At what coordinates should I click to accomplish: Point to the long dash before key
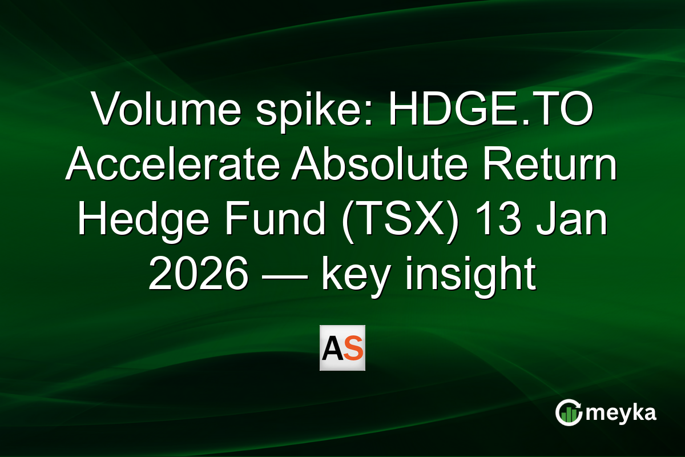286,276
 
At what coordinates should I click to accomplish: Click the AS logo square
342,348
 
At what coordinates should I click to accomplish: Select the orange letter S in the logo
353,348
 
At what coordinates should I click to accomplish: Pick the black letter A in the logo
332,348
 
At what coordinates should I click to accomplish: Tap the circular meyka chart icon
569,412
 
